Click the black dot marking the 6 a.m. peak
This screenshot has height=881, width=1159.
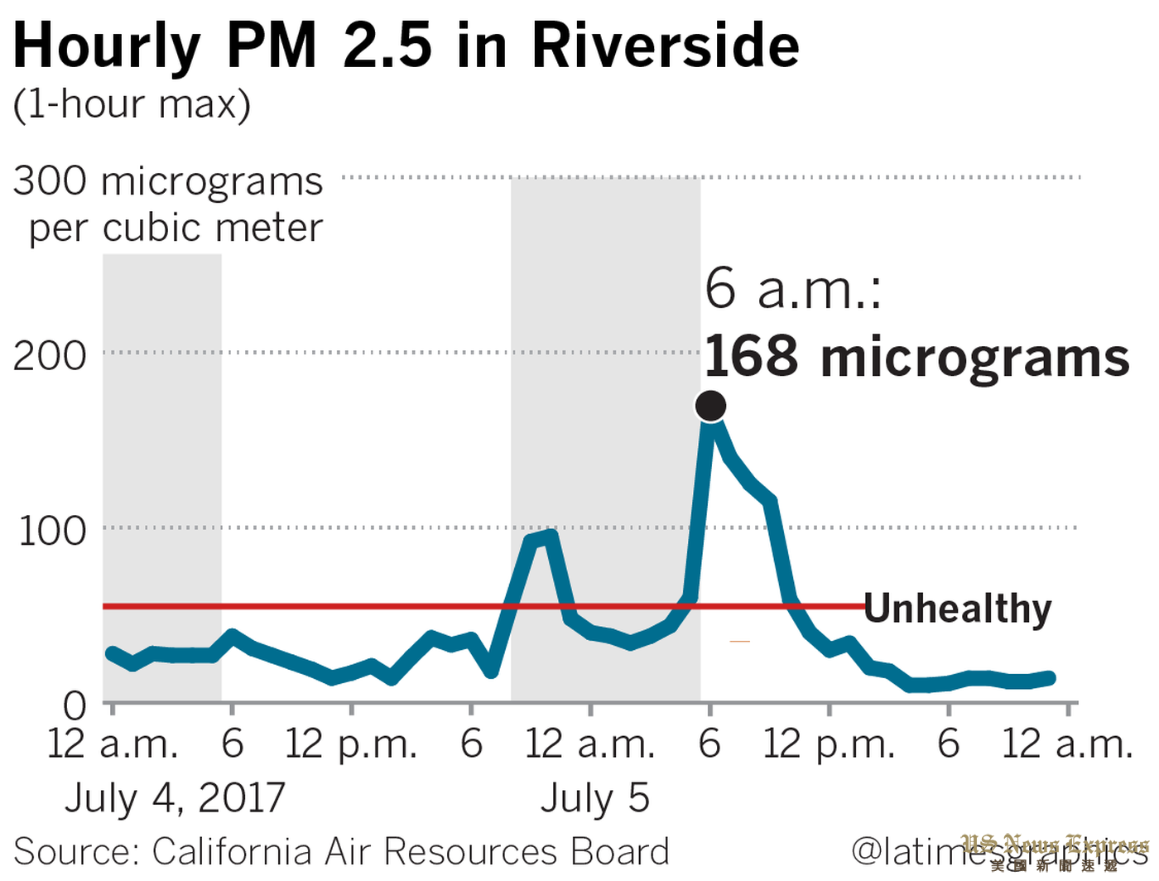pos(710,406)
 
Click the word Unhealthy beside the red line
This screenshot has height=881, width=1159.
pos(958,609)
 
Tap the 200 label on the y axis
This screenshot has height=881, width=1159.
pos(50,356)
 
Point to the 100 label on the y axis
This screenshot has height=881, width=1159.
pos(52,531)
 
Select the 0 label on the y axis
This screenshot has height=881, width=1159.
pos(75,706)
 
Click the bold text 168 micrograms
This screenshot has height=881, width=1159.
pos(916,357)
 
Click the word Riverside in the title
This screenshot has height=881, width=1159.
pos(666,46)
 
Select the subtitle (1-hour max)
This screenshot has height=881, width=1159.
pos(132,104)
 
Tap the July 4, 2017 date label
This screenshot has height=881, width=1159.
pos(175,798)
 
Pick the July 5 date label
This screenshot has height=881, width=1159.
pos(595,798)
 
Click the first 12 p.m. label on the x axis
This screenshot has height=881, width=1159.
pos(351,744)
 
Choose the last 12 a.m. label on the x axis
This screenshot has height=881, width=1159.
pos(1067,744)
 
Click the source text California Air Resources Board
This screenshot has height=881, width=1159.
pos(411,851)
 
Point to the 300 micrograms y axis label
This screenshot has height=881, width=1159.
pos(168,181)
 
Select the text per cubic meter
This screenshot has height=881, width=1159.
pos(176,228)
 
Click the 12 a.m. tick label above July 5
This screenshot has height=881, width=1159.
pos(590,744)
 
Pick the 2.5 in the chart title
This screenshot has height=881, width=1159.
pos(387,46)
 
